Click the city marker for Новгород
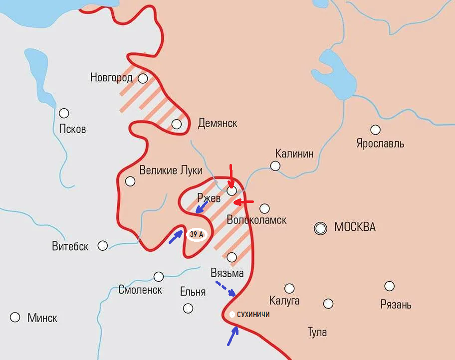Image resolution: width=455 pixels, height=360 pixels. click(x=143, y=78)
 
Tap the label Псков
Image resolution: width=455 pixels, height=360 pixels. click(x=72, y=129)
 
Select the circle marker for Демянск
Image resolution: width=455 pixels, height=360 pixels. click(x=177, y=124)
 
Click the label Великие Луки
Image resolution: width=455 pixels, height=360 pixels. click(x=171, y=170)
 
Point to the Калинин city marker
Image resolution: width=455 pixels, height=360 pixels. click(x=275, y=166)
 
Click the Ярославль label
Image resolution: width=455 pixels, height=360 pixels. click(x=380, y=144)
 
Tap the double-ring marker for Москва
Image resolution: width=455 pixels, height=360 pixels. click(x=320, y=228)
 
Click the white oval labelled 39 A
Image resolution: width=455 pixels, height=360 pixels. click(x=197, y=234)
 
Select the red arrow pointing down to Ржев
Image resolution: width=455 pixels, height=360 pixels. click(x=230, y=176)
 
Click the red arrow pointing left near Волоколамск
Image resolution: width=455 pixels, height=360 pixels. click(x=244, y=202)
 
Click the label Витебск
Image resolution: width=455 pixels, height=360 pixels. click(x=70, y=246)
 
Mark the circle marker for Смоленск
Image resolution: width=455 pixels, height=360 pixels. click(x=159, y=276)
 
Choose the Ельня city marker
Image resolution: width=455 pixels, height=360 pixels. click(x=188, y=309)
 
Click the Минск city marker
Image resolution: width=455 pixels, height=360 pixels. click(x=15, y=317)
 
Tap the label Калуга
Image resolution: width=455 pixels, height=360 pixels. click(x=284, y=301)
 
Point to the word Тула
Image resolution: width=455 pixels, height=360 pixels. click(x=317, y=332)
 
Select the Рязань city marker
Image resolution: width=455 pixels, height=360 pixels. click(x=389, y=286)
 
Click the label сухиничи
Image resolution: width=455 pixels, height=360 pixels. click(x=253, y=315)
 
